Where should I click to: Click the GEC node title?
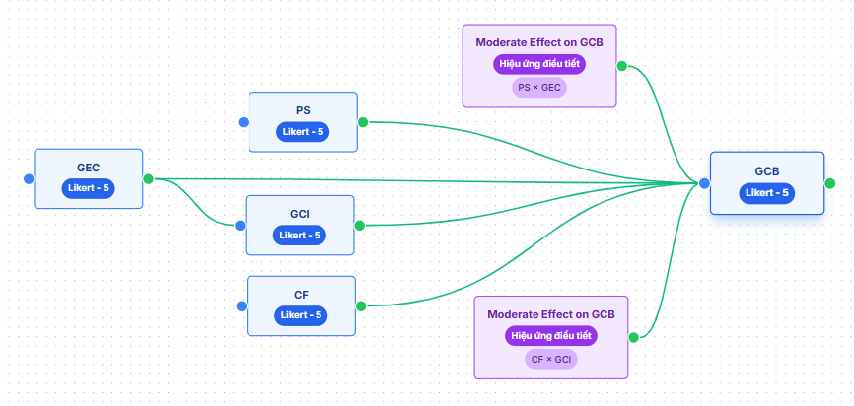click(89, 168)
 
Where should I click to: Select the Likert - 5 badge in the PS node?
click(303, 133)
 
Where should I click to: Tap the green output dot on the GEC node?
click(148, 178)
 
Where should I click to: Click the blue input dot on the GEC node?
click(29, 178)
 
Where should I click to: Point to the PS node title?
click(303, 110)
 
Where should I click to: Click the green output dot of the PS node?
click(362, 122)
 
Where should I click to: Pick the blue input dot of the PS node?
click(243, 122)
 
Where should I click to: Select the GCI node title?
click(300, 213)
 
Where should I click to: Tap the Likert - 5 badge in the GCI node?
click(300, 235)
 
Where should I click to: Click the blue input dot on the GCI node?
click(240, 225)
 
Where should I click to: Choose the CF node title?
click(301, 294)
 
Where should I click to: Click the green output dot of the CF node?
click(360, 305)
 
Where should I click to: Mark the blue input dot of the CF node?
click(241, 305)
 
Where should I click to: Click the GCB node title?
click(766, 171)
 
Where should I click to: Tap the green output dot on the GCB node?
click(829, 183)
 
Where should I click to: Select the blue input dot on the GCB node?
click(704, 183)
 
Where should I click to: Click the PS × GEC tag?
click(538, 87)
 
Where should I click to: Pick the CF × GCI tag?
click(551, 359)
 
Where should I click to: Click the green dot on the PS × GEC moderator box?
click(622, 66)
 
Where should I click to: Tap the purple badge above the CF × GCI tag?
click(551, 336)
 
